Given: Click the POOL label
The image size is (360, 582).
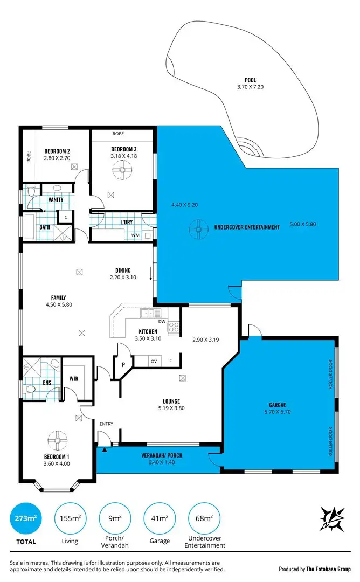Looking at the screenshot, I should coord(250,80).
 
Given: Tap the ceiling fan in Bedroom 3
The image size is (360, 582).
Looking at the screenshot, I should coord(122,171).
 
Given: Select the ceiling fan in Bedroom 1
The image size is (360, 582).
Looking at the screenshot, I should coord(57,439).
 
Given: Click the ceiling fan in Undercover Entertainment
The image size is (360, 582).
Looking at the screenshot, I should coord(199,230).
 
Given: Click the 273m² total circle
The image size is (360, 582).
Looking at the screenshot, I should coord(25,519).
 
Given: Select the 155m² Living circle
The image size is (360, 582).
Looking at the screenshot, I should coord(70,519).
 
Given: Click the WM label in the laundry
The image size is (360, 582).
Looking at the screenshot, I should coord(135,235).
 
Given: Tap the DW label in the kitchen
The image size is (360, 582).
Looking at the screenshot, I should coord(162,321).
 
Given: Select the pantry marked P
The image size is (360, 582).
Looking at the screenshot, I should coord(123,364).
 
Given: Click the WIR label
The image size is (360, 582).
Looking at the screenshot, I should coord(74,379).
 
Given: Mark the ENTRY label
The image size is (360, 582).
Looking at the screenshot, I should coord(106,424).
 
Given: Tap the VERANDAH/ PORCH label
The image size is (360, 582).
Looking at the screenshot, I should coord(162,455).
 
